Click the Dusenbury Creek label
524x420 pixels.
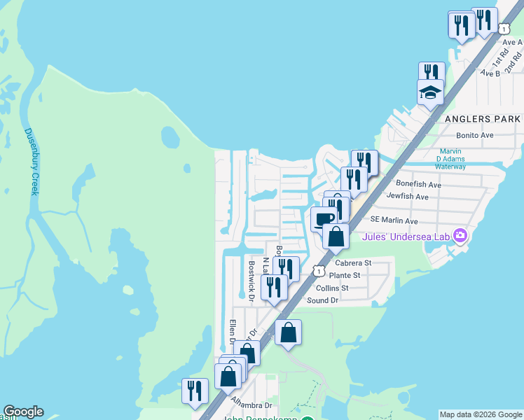pyautogui.click(x=33, y=161)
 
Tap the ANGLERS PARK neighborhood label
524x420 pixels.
pyautogui.click(x=483, y=119)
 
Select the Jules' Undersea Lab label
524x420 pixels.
pyautogui.click(x=406, y=237)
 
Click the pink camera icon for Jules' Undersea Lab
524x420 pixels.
pyautogui.click(x=460, y=235)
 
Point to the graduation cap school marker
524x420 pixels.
pyautogui.click(x=431, y=92)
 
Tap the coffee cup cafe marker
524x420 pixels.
pyautogui.click(x=324, y=219)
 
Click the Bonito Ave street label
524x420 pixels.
pyautogui.click(x=475, y=135)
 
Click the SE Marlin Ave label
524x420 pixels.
pyautogui.click(x=394, y=220)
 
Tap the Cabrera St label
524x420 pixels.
pyautogui.click(x=352, y=263)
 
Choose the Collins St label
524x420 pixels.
pyautogui.click(x=332, y=288)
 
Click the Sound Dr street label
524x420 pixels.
pyautogui.click(x=323, y=300)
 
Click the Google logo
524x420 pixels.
pyautogui.click(x=23, y=412)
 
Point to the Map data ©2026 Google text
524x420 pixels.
pyautogui.click(x=480, y=414)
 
